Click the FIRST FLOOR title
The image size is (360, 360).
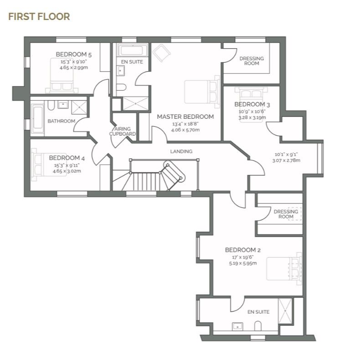(39, 17)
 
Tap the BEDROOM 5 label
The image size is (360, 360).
(73, 55)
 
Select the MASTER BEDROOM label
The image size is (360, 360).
(185, 117)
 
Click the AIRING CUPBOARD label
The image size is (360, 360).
(122, 132)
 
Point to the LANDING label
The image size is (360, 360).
(181, 151)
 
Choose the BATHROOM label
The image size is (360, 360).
(62, 121)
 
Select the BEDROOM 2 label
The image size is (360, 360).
(242, 250)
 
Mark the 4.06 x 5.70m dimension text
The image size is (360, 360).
(185, 130)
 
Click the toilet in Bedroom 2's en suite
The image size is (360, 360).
(258, 326)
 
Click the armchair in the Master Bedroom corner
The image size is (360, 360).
(160, 54)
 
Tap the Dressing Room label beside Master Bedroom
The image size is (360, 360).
(251, 61)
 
